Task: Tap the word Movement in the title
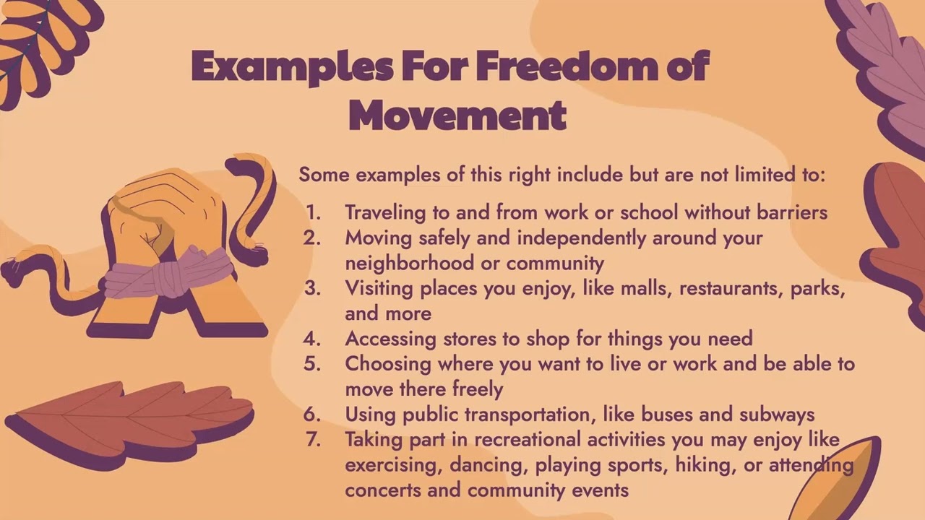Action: tap(457, 116)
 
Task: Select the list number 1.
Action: tap(312, 213)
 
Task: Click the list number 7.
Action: tap(312, 440)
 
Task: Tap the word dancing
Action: tap(488, 465)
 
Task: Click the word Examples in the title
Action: tap(293, 66)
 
